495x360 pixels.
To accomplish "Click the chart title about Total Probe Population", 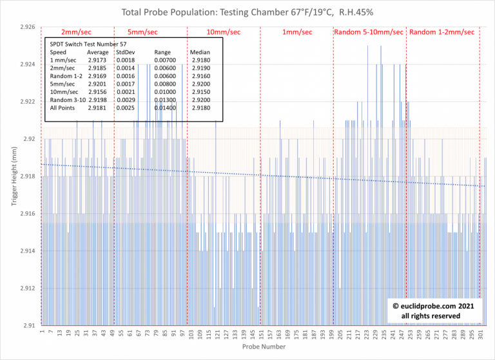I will [247, 12].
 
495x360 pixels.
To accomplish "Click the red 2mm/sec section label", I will [76, 32].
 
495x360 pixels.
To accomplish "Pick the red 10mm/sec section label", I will [224, 32].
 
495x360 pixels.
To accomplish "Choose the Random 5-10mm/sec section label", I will [369, 32].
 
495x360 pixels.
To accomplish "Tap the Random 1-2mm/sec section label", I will [442, 32].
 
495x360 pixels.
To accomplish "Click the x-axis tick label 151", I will [261, 335].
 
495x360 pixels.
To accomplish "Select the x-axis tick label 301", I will [481, 335].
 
